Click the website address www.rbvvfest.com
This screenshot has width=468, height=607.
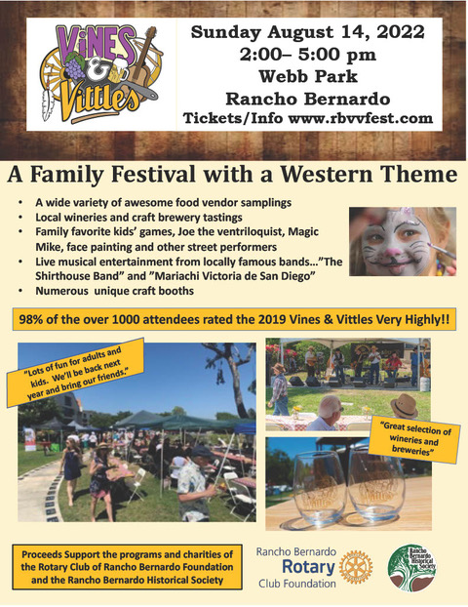pyautogui.click(x=360, y=118)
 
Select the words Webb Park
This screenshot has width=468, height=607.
pyautogui.click(x=308, y=76)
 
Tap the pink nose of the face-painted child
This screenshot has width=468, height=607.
pyautogui.click(x=395, y=253)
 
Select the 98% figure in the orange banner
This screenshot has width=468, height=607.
pyautogui.click(x=31, y=319)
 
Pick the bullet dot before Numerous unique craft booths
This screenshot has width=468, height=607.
pyautogui.click(x=20, y=291)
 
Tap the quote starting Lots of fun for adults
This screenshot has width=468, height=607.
pyautogui.click(x=75, y=373)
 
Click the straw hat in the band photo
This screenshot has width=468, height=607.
pyautogui.click(x=405, y=405)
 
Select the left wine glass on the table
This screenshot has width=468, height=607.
pyautogui.click(x=315, y=488)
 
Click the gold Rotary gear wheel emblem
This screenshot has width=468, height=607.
pyautogui.click(x=356, y=568)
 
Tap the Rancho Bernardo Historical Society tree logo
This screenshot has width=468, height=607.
pyautogui.click(x=412, y=568)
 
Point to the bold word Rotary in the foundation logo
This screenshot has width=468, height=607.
pyautogui.click(x=308, y=568)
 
